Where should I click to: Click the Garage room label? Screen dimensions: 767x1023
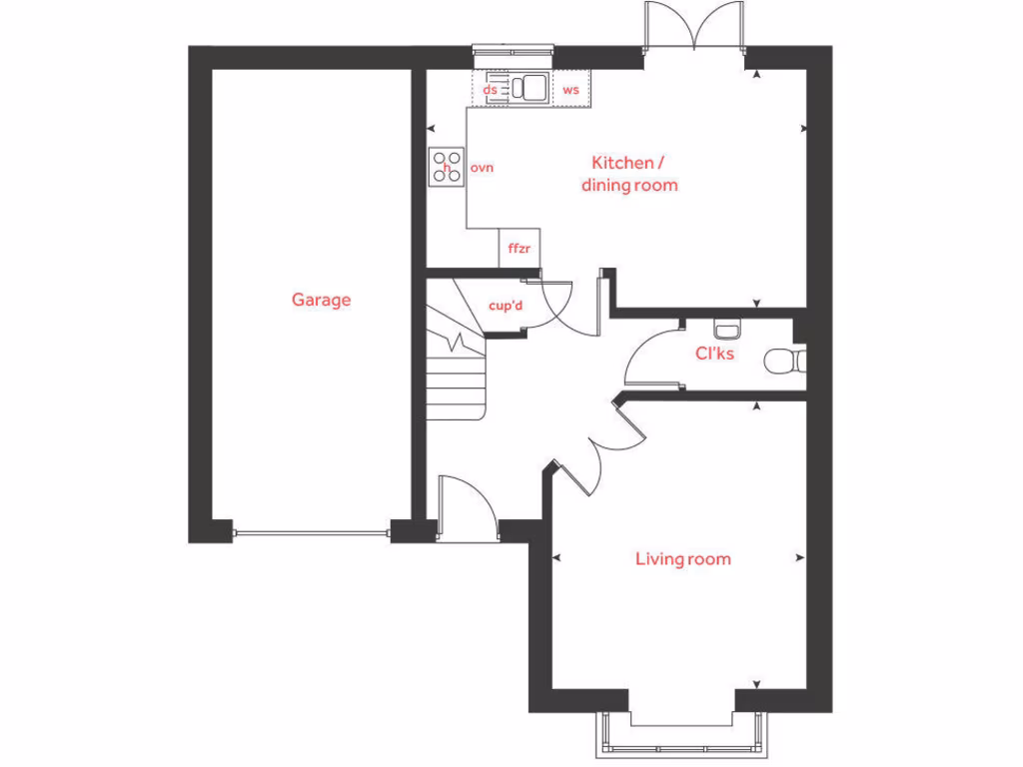(321, 300)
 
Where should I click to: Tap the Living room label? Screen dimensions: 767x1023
(682, 559)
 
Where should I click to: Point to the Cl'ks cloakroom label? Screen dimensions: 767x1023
(714, 353)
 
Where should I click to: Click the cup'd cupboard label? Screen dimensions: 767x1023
(506, 307)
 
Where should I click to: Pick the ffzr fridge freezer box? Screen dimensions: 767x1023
(518, 248)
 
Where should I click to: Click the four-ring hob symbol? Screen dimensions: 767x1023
(447, 167)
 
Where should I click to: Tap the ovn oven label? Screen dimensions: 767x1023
(482, 168)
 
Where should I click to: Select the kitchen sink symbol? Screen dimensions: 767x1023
(523, 89)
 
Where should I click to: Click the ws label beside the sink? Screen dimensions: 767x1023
(571, 90)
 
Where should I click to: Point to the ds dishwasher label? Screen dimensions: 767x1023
(490, 90)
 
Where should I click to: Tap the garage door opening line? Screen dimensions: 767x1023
(311, 533)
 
